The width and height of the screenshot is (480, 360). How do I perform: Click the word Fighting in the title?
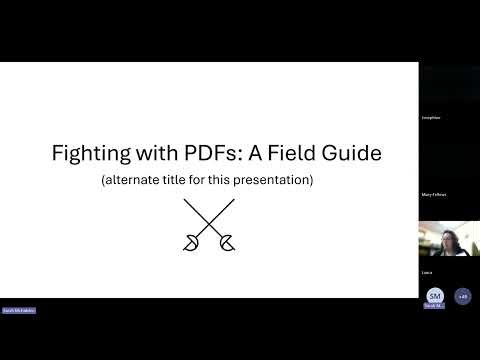86,154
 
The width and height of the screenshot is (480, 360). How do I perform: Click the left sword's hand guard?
191,241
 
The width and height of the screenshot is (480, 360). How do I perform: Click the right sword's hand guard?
227,241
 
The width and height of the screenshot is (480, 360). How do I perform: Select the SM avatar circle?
434,296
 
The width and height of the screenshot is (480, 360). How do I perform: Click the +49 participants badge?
462,296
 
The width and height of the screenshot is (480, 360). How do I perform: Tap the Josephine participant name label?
431,118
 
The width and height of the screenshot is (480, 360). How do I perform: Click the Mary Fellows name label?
433,195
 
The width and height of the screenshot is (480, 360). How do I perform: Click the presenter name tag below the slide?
19,311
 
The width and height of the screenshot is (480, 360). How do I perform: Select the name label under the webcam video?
427,272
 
